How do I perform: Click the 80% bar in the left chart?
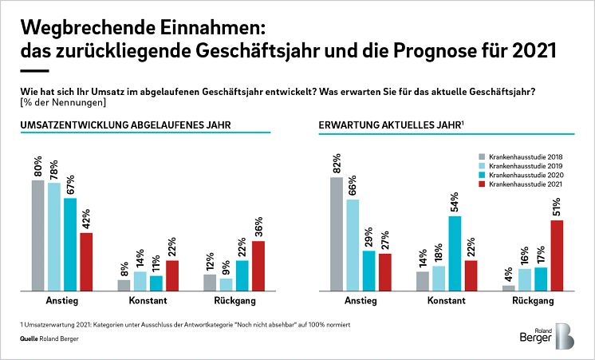(37, 235)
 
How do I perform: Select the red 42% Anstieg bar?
(86, 262)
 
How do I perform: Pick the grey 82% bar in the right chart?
(337, 234)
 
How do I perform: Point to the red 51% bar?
(557, 255)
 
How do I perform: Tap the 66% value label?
(353, 185)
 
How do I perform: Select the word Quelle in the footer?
(31, 339)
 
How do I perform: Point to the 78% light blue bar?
(53, 236)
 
